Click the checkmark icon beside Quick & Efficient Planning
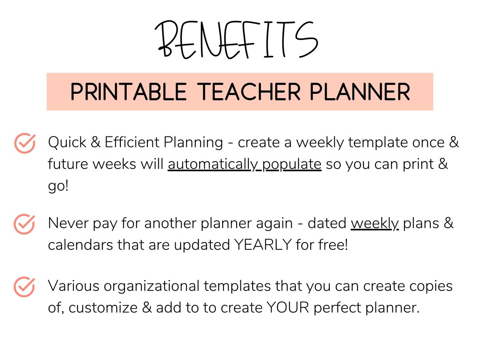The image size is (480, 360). point(24,143)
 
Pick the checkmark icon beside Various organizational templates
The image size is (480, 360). point(24,287)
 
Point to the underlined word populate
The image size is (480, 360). point(291,164)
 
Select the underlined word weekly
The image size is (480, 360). point(375,224)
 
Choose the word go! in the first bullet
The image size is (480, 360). point(58,186)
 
